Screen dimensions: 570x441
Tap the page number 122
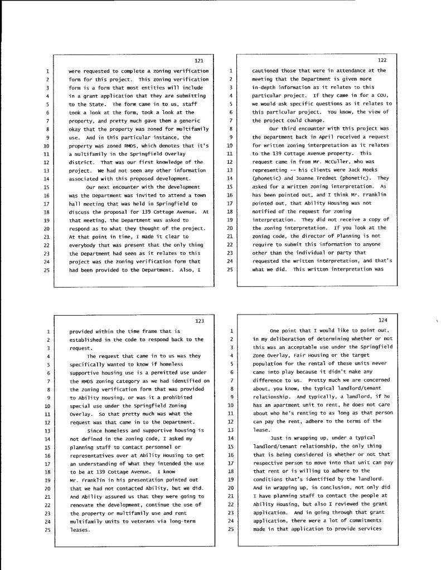point(382,60)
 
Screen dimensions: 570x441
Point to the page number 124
point(382,320)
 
